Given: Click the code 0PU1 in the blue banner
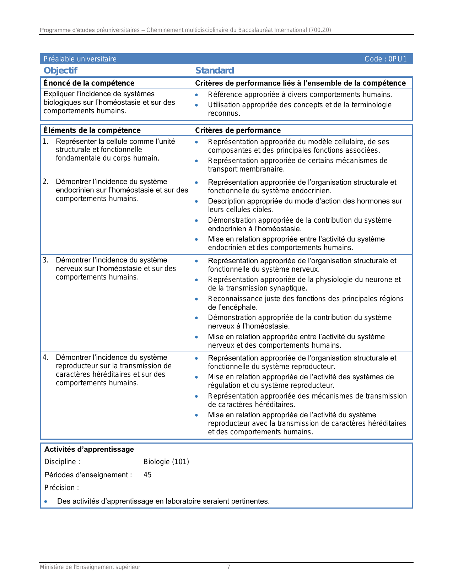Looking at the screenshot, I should pyautogui.click(x=385, y=59).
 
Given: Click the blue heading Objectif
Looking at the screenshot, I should pyautogui.click(x=60, y=70).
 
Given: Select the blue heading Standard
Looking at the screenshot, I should pyautogui.click(x=215, y=70).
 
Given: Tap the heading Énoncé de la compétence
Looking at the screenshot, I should pyautogui.click(x=89, y=83).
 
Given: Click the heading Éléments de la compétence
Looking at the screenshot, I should pyautogui.click(x=92, y=130).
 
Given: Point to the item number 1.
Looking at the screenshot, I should pyautogui.click(x=45, y=141).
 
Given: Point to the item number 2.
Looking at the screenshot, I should pyautogui.click(x=45, y=181).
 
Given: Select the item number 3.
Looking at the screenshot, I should pyautogui.click(x=45, y=260).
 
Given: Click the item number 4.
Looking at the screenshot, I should pyautogui.click(x=45, y=357).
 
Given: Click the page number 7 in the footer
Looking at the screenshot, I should pyautogui.click(x=228, y=567).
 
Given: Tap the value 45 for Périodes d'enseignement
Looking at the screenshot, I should pyautogui.click(x=147, y=475).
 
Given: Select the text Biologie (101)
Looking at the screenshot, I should pyautogui.click(x=166, y=462).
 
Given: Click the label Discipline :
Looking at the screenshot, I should pyautogui.click(x=62, y=462).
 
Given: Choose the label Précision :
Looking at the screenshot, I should pyautogui.click(x=61, y=488).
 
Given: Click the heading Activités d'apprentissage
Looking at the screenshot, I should pyautogui.click(x=89, y=449).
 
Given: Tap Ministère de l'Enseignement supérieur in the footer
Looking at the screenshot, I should pyautogui.click(x=90, y=567).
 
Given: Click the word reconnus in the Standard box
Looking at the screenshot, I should pyautogui.click(x=224, y=114).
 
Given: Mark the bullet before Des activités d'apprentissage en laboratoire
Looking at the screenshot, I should pyautogui.click(x=46, y=501).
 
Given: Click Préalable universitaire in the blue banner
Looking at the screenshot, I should pyautogui.click(x=80, y=59).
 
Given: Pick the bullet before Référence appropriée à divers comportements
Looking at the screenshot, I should pyautogui.click(x=196, y=95).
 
